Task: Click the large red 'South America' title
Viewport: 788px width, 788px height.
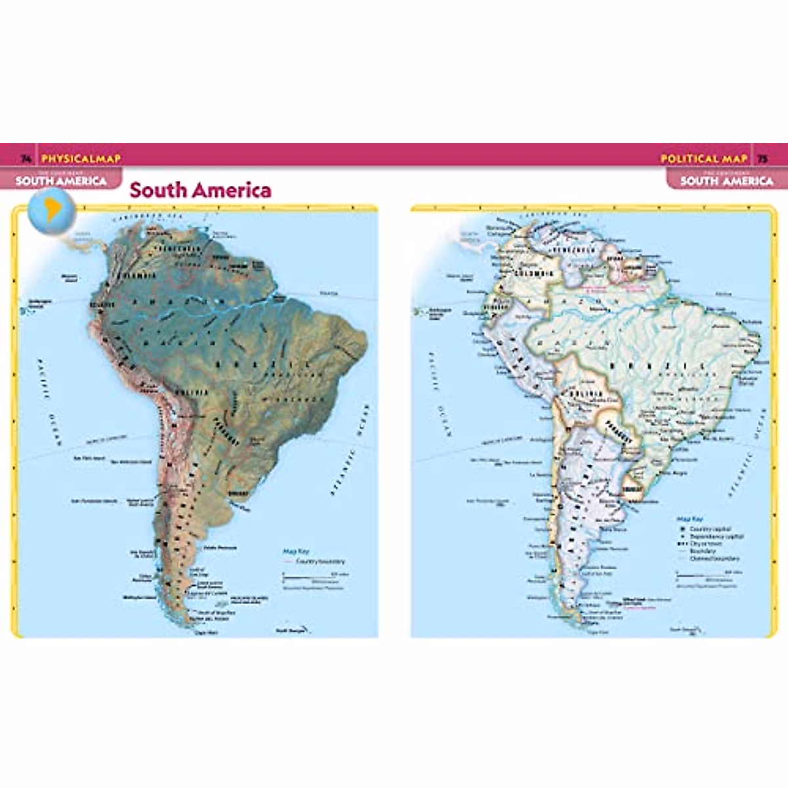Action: (200, 190)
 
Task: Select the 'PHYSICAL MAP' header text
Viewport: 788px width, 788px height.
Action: (81, 158)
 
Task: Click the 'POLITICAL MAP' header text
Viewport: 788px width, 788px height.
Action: (703, 158)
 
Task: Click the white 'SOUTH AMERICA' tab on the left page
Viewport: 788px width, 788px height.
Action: (61, 181)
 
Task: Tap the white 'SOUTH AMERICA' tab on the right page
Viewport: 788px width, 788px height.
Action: (726, 181)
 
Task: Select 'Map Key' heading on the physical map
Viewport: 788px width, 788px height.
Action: (295, 552)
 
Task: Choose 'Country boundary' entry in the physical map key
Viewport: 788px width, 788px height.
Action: (320, 561)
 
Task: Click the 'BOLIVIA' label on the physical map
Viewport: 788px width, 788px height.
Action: (191, 392)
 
